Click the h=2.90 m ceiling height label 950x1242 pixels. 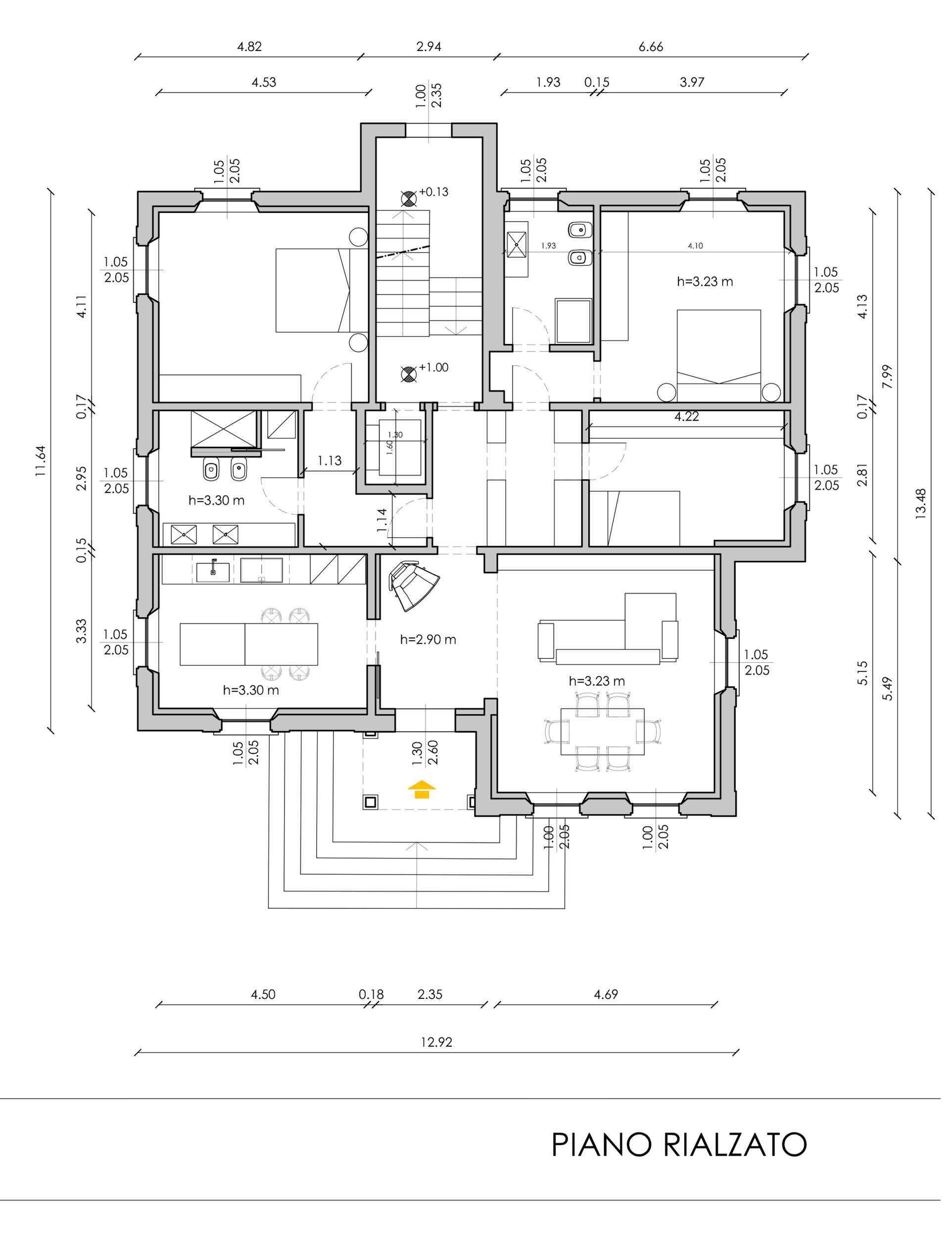tap(428, 640)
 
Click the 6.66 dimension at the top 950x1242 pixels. tap(651, 47)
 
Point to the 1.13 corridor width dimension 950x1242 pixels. tap(329, 461)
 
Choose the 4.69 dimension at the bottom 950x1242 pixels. tap(606, 994)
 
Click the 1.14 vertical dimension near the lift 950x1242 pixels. tap(382, 520)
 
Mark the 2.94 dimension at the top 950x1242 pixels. tap(428, 47)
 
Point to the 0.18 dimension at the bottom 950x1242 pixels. tap(371, 994)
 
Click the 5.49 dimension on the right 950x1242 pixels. tap(888, 688)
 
